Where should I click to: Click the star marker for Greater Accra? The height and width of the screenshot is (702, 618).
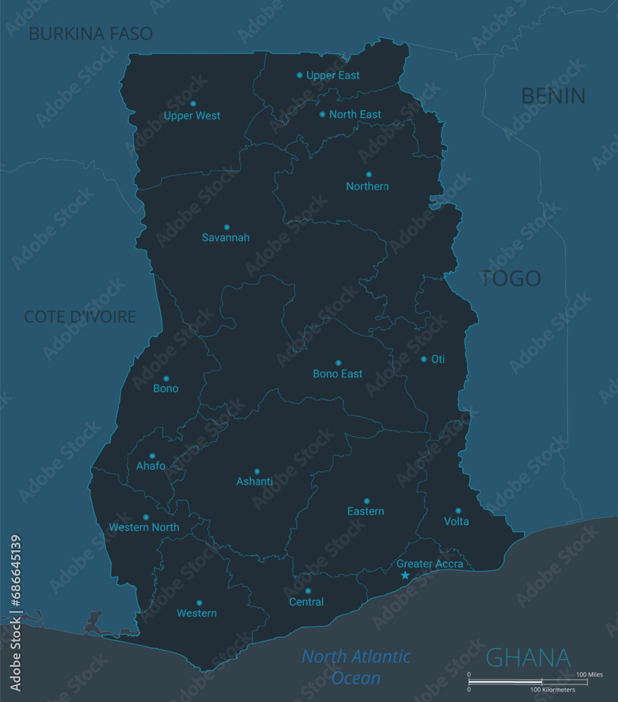click(405, 576)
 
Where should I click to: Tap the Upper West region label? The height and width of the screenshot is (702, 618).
click(192, 116)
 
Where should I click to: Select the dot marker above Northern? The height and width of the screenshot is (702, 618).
click(369, 174)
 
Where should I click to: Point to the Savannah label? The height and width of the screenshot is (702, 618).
click(225, 238)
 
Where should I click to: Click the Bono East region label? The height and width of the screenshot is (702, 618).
click(338, 374)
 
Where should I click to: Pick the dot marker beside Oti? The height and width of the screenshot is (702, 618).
click(423, 359)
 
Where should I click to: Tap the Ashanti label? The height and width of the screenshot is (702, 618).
click(254, 482)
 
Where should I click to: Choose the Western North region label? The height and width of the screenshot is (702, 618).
click(144, 527)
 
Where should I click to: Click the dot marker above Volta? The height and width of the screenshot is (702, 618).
click(458, 511)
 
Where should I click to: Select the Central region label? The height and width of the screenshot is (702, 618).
click(307, 602)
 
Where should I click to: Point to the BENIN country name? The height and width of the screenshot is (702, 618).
click(553, 96)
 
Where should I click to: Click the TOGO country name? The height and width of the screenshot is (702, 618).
click(511, 279)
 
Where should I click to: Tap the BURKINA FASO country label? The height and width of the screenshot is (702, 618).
click(91, 34)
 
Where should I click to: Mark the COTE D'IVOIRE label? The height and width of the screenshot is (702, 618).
click(80, 317)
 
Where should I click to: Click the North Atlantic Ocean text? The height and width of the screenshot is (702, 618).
click(356, 667)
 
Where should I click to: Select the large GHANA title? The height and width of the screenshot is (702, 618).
click(528, 658)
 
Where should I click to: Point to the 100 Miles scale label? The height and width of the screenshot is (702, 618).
click(589, 675)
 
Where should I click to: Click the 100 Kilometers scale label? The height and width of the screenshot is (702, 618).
click(553, 690)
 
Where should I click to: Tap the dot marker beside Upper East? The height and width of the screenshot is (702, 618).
click(300, 75)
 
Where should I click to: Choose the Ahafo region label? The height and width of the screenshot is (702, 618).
click(151, 466)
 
